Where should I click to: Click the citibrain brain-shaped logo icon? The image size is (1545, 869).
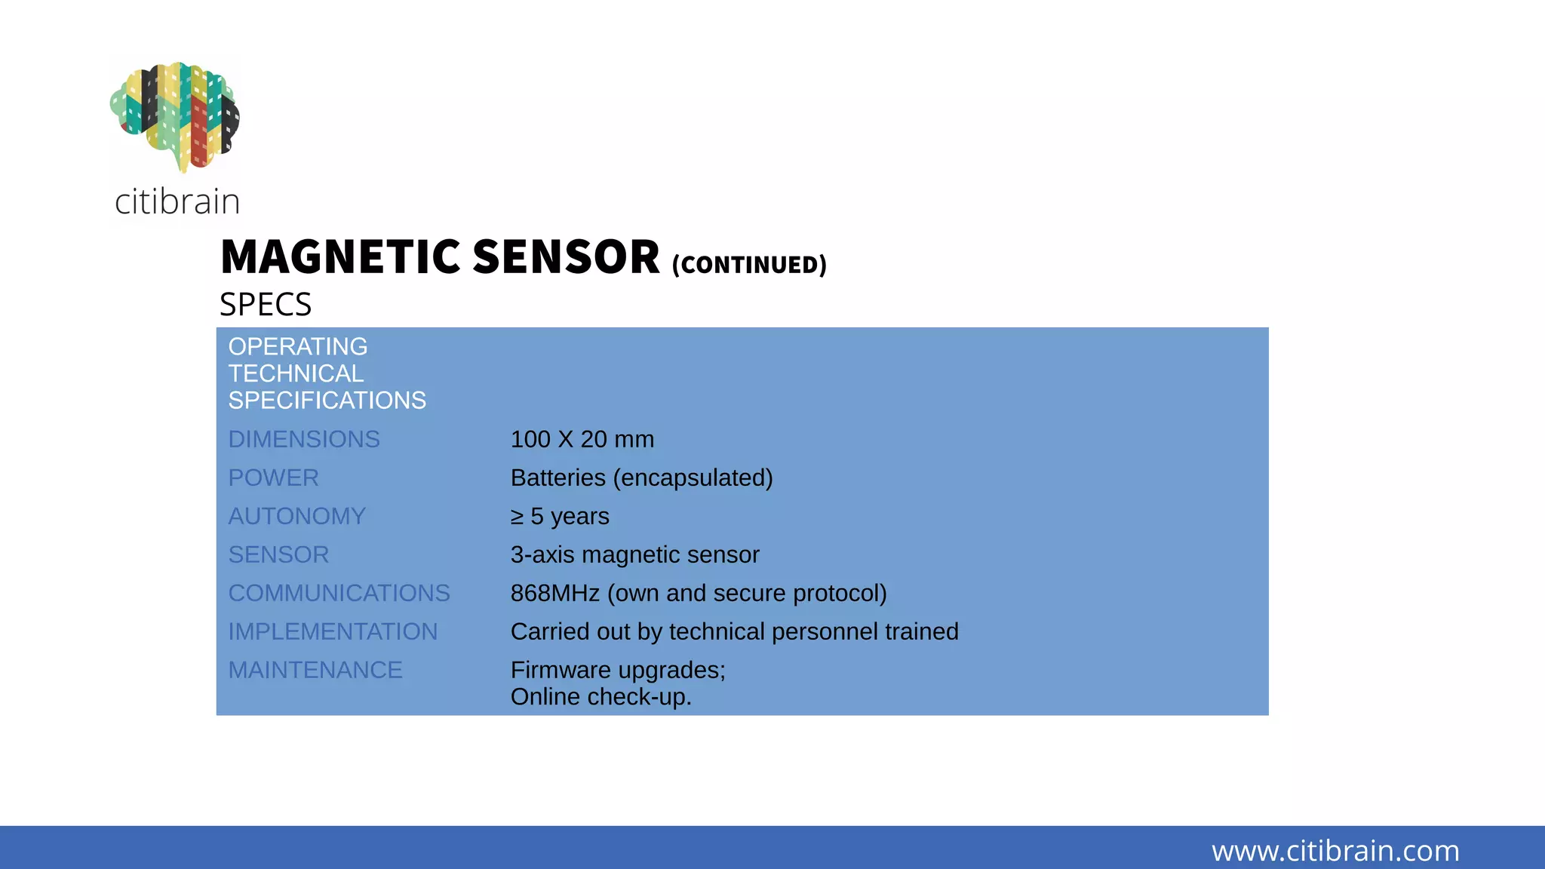coord(175,115)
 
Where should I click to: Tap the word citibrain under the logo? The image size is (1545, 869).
coord(177,201)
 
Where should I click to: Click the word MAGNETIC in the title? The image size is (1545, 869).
coord(340,257)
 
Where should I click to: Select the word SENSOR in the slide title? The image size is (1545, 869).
coord(566,257)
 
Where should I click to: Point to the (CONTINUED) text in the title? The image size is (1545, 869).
coord(749,265)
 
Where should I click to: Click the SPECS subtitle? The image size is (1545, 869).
coord(266,305)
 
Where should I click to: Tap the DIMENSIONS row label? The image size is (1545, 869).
coord(304,439)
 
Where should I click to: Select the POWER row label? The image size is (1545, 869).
coord(273,477)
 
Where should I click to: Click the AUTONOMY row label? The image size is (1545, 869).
coord(296,516)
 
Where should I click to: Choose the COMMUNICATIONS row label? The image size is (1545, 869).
coord(339,593)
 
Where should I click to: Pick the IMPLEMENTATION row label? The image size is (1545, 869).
coord(333,631)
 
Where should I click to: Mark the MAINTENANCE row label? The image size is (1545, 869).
coord(315,670)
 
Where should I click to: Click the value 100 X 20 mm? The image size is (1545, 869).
coord(582,439)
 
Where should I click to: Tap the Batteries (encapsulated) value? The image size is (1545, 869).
coord(641,477)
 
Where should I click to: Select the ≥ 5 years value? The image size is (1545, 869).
coord(560,516)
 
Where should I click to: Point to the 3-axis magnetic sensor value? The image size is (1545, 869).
coord(634,554)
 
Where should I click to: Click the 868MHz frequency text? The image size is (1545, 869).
coord(554,593)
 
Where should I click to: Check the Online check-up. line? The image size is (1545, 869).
coord(600,696)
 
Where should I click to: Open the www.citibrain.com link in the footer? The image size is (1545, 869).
coord(1335,851)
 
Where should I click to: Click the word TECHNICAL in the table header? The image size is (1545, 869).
coord(296,373)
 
